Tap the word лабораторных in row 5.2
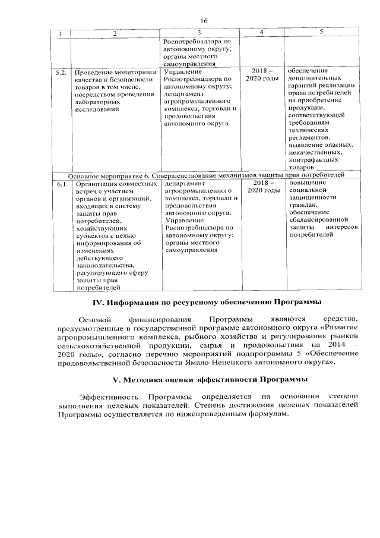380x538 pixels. pos(98,102)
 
